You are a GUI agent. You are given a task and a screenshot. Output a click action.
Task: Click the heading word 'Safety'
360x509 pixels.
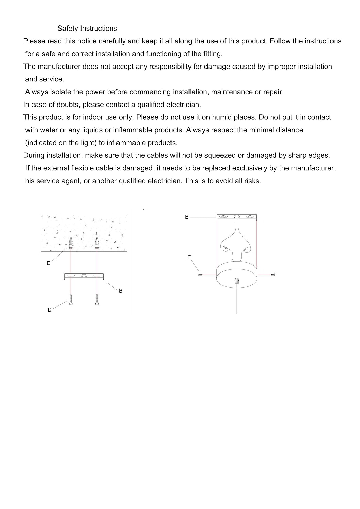(x=68, y=29)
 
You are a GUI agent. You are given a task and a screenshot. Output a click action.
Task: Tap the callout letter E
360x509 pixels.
(x=48, y=263)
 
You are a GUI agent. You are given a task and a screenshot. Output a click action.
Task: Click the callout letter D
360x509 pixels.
(x=50, y=310)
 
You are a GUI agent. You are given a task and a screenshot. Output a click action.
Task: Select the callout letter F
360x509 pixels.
(x=189, y=257)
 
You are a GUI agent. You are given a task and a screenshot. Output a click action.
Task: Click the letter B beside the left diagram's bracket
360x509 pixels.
(x=121, y=291)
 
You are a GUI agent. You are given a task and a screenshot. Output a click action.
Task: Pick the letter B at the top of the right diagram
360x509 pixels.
(x=187, y=216)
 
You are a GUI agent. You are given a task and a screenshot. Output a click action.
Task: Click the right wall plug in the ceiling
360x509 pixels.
(x=97, y=243)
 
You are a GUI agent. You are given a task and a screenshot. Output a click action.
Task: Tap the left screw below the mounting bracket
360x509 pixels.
(x=71, y=300)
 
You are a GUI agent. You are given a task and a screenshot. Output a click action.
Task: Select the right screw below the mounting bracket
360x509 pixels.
(x=97, y=300)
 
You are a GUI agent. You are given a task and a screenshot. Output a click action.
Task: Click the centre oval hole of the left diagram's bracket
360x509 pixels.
(x=84, y=276)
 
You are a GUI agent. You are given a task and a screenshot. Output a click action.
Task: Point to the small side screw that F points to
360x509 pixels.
(x=200, y=274)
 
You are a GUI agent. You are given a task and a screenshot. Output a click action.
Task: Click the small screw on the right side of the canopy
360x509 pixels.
(x=273, y=274)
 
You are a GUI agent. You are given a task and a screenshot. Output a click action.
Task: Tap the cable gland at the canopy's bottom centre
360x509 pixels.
(x=236, y=281)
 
